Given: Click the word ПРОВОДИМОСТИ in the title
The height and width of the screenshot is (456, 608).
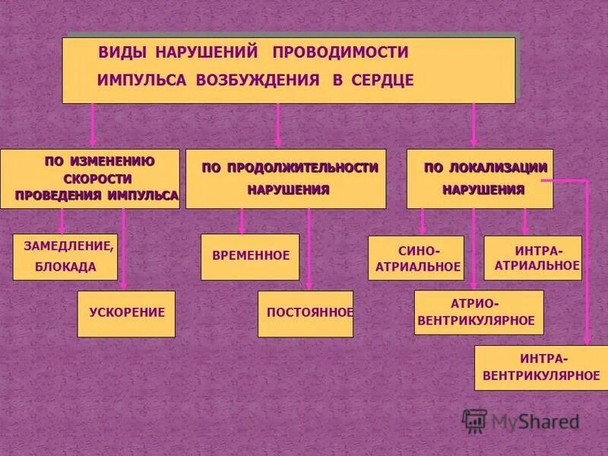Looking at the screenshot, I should tap(340, 52).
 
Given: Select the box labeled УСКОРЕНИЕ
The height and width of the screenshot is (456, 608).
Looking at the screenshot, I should tap(126, 313).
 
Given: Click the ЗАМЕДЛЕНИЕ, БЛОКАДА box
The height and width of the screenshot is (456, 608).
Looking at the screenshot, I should tap(65, 256).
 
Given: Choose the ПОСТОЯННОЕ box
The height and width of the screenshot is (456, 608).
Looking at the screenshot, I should tap(306, 313).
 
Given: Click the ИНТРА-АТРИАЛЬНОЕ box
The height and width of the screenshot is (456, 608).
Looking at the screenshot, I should tap(533, 258).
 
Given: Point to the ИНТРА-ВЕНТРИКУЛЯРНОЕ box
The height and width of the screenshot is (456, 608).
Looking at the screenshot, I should tap(540, 367).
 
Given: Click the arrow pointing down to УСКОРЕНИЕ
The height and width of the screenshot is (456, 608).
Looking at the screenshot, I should tap(123, 251).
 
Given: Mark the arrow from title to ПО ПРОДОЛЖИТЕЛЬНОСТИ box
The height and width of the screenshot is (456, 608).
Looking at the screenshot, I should tap(278, 125).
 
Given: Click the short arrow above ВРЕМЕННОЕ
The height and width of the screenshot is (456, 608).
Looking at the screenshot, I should tap(242, 221).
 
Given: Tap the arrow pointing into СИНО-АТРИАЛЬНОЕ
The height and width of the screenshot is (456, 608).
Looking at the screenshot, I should tap(423, 222).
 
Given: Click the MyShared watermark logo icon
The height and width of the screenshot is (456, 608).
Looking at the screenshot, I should tap(474, 420).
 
